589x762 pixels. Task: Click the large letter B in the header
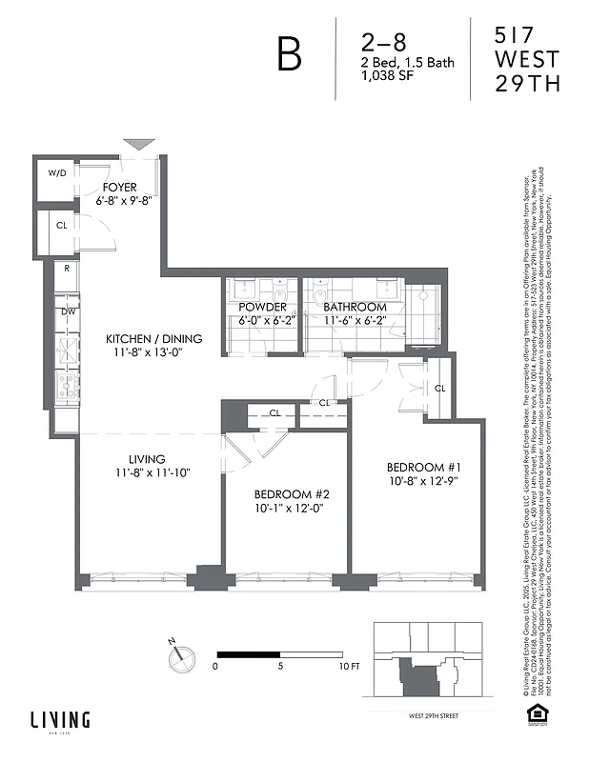[x=289, y=55]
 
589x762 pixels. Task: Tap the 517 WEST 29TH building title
[x=527, y=59]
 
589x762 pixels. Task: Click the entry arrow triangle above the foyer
[x=139, y=144]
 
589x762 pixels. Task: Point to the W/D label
[x=58, y=174]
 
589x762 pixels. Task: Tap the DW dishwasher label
[x=68, y=311]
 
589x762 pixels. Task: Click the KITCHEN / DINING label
[x=153, y=339]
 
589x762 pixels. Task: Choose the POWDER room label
[x=262, y=308]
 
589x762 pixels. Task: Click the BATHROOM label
[x=355, y=308]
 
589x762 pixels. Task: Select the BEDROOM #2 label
[x=291, y=494]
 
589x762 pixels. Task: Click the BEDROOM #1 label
[x=424, y=467]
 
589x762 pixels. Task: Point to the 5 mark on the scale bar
[x=280, y=667]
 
